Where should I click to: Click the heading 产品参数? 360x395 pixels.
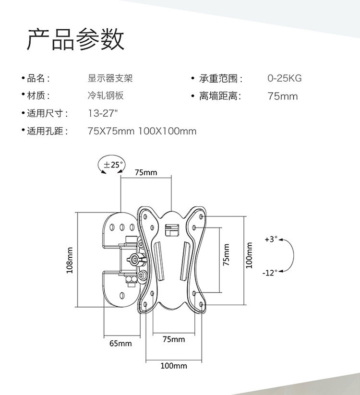point(75,40)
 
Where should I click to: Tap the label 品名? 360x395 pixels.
point(38,79)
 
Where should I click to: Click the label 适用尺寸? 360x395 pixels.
point(47,114)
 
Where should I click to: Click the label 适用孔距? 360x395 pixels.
point(47,131)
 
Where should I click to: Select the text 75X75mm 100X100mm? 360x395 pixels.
point(142,131)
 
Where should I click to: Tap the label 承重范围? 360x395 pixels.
point(221,79)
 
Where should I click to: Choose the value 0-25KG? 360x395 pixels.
point(285,79)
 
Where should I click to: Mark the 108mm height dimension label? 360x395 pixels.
point(70,260)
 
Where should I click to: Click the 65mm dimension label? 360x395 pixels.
point(120,344)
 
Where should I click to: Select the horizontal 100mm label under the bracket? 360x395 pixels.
point(173,366)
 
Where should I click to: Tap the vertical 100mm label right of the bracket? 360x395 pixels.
point(249,255)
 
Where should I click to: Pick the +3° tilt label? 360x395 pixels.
point(271,239)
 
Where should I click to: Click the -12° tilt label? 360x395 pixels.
point(270,273)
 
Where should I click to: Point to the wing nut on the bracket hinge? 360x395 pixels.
point(134,261)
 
